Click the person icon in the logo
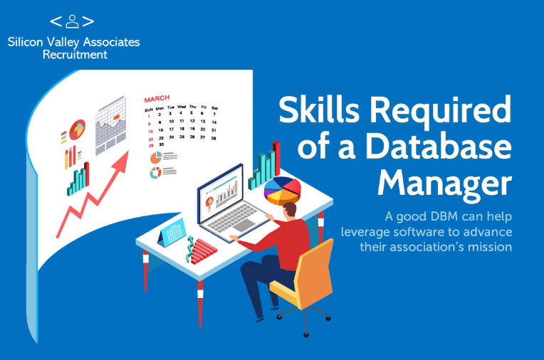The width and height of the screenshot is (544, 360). click(x=72, y=21)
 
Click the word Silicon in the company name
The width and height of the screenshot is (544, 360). click(x=26, y=42)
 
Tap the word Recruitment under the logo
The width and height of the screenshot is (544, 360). click(x=75, y=55)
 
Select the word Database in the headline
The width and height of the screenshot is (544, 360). click(x=439, y=146)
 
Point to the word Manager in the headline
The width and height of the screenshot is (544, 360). click(x=444, y=184)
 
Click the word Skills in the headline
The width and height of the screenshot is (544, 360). click(x=319, y=110)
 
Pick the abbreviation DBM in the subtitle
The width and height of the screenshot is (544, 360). click(x=444, y=216)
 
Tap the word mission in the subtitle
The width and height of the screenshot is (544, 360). click(x=490, y=247)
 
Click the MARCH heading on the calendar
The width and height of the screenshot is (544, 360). click(x=157, y=99)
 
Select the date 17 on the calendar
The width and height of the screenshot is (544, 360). click(x=172, y=129)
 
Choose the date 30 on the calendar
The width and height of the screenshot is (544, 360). click(x=162, y=144)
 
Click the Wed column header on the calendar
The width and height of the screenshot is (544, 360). click(x=182, y=107)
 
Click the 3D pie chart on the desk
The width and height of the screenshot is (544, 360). click(x=283, y=191)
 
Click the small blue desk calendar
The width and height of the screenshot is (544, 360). click(x=172, y=233)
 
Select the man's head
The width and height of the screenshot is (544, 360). click(x=289, y=211)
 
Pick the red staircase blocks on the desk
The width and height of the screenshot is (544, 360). click(x=204, y=251)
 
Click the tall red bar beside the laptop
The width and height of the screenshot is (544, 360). click(x=276, y=159)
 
